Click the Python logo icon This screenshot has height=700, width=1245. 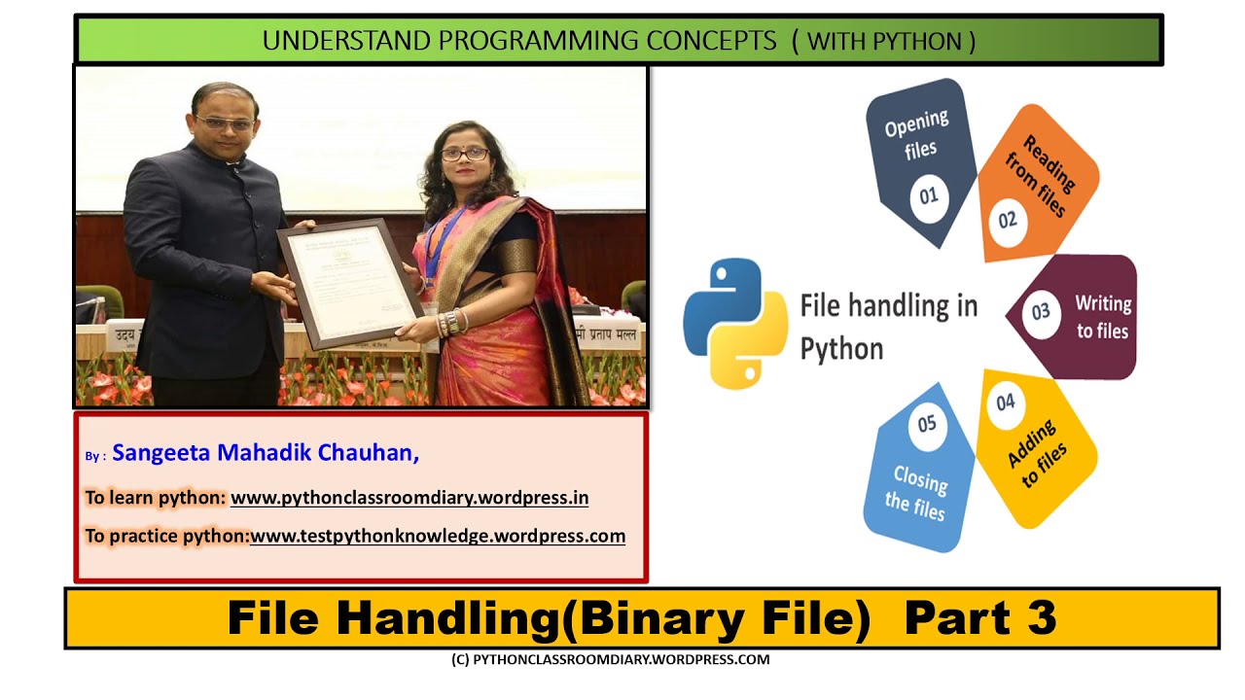click(734, 323)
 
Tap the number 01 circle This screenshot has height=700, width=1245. click(928, 196)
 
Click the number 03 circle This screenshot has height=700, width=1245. click(1041, 312)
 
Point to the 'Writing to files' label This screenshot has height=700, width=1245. click(1102, 317)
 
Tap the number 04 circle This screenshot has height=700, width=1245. click(1005, 402)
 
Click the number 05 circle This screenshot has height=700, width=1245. click(926, 424)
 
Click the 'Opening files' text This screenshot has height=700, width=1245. click(916, 134)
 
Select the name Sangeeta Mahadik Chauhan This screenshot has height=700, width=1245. click(266, 453)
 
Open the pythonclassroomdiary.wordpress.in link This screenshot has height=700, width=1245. click(409, 498)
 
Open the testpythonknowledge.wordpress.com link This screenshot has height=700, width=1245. click(438, 536)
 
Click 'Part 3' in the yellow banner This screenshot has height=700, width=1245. click(979, 617)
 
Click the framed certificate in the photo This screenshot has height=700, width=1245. click(347, 282)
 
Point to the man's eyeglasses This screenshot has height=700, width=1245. click(224, 123)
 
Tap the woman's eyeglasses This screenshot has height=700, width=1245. click(464, 154)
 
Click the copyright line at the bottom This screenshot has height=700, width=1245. click(610, 659)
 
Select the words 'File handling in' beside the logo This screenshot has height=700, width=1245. click(888, 306)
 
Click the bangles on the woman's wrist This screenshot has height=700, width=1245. click(452, 323)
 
